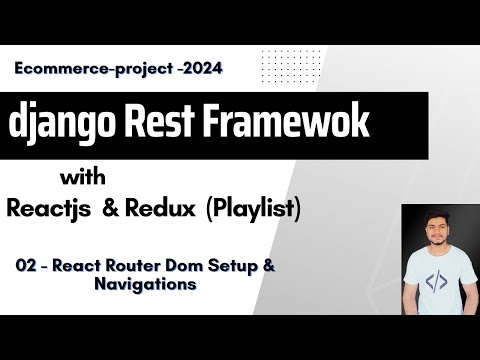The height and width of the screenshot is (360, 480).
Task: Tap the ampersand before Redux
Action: tap(140, 210)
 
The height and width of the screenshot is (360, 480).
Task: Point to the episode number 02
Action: tap(26, 268)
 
